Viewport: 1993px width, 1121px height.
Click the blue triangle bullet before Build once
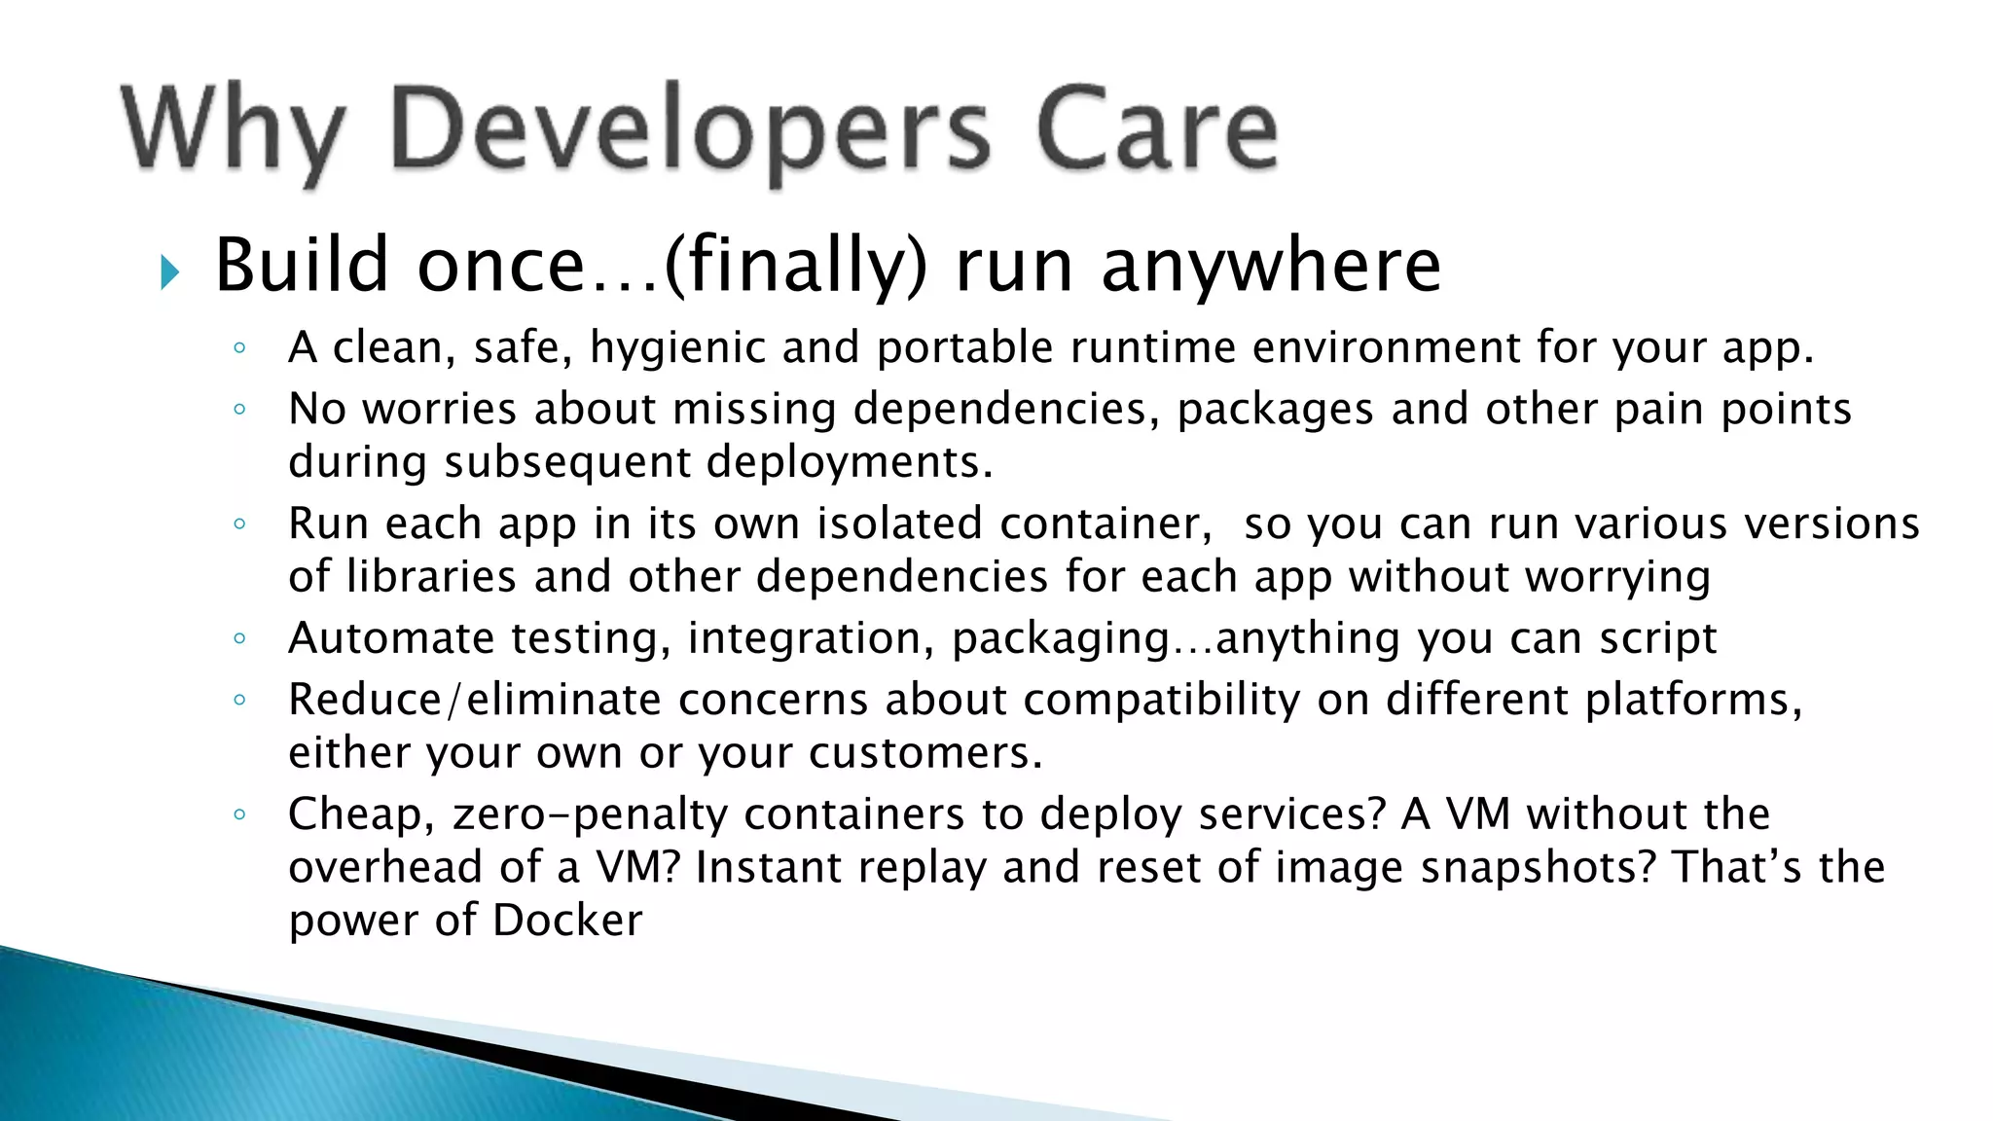coord(170,271)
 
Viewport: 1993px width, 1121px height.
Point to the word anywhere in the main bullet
coord(1271,266)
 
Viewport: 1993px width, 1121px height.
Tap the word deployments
coord(850,462)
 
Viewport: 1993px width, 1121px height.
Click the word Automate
coord(391,639)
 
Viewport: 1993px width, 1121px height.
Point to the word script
coord(1657,639)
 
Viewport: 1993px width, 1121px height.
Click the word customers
coord(924,754)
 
